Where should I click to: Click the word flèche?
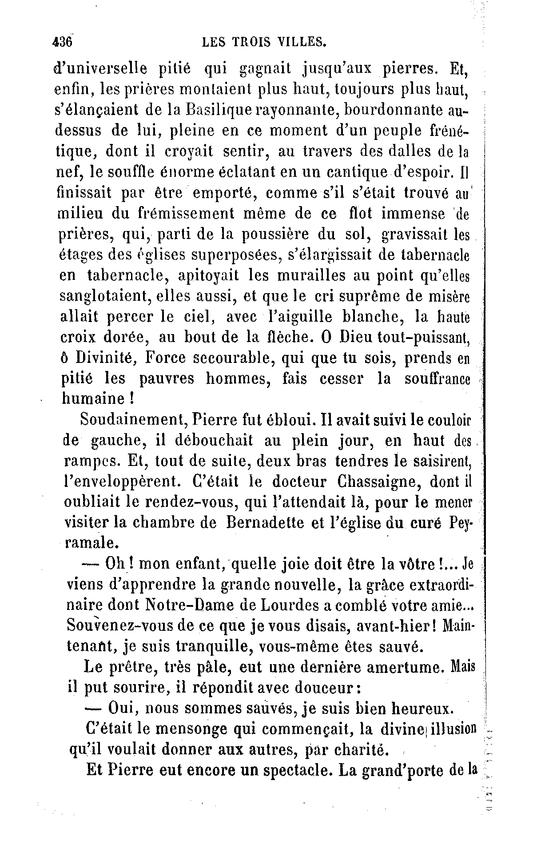tap(282, 337)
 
